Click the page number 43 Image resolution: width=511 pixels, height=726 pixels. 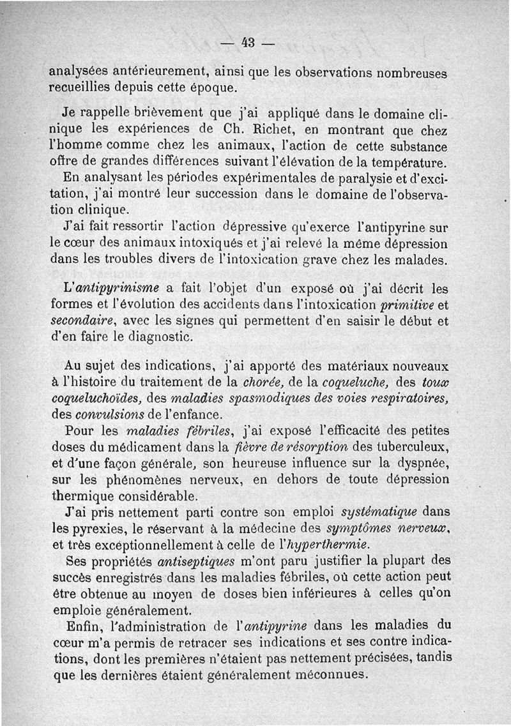248,43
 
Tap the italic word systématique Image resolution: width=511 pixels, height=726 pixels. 379,512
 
